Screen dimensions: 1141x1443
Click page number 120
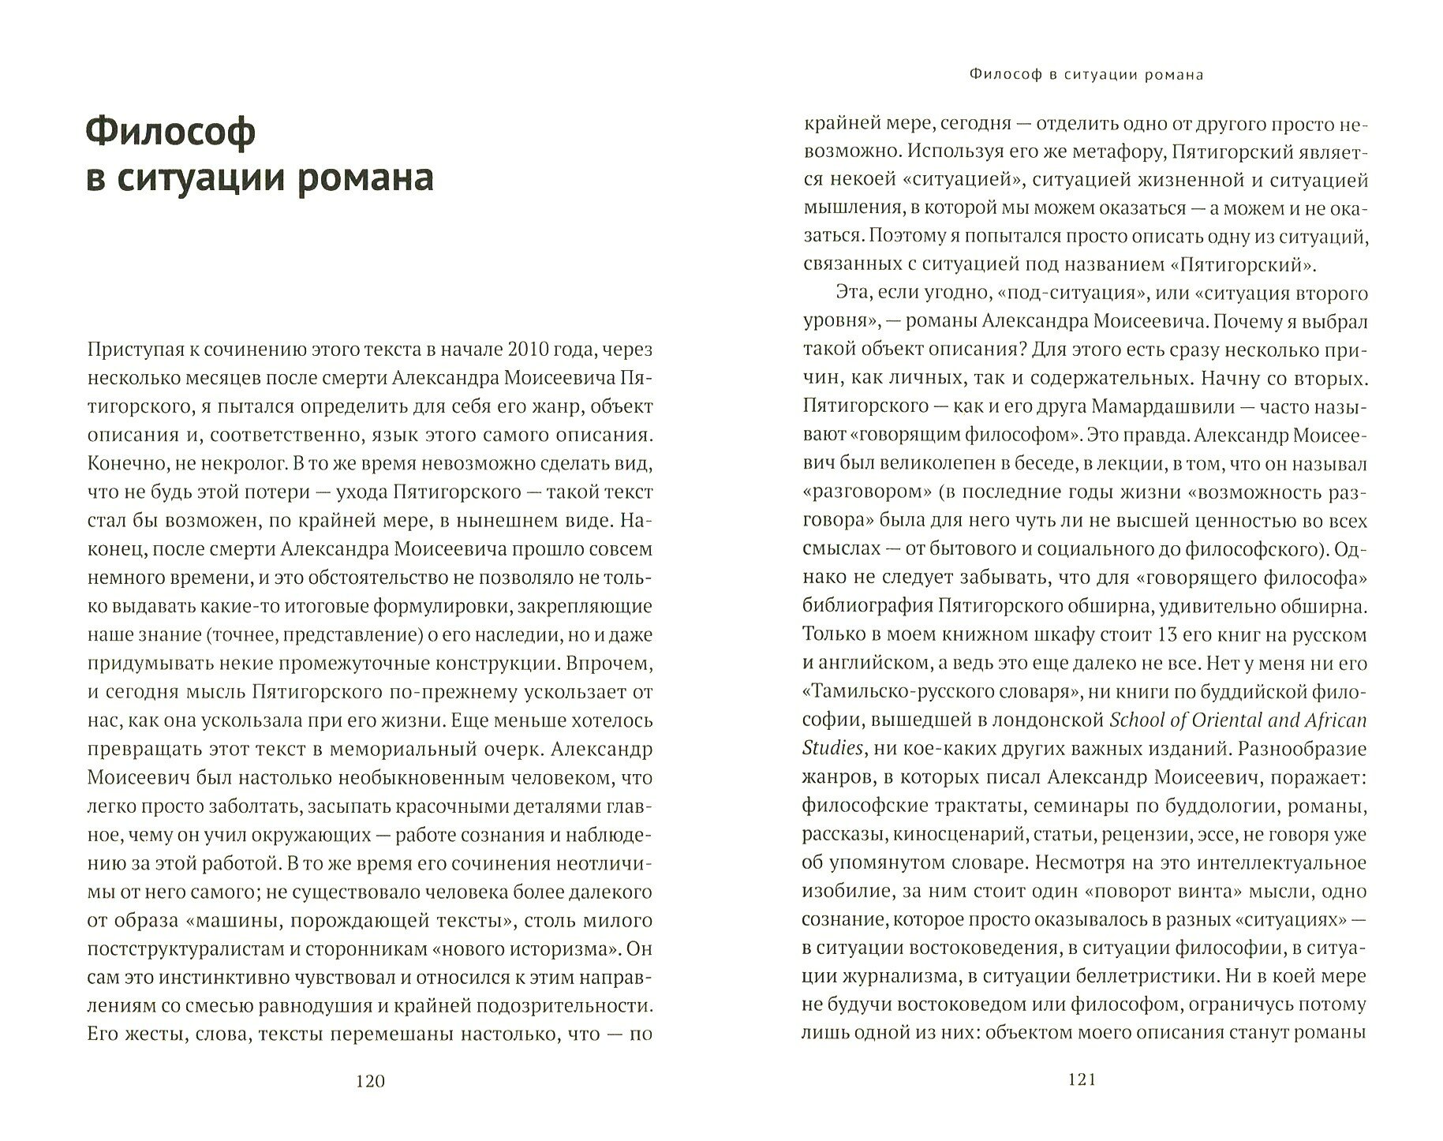[x=370, y=1081]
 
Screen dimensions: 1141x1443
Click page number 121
[x=1081, y=1081]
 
